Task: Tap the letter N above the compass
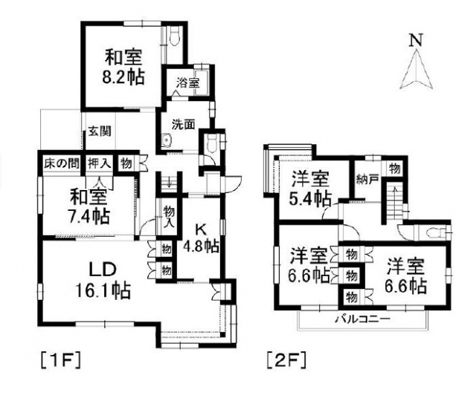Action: (417, 40)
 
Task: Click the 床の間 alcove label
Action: (59, 162)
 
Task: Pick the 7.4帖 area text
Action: (90, 216)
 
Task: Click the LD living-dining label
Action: (103, 267)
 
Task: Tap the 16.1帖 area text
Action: (103, 290)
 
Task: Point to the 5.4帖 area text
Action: (311, 198)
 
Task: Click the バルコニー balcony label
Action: (361, 319)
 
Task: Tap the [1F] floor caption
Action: (59, 362)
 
